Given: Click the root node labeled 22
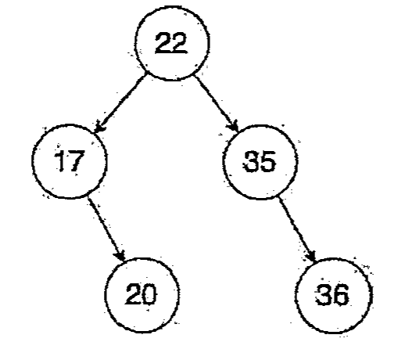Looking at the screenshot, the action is click(x=172, y=43).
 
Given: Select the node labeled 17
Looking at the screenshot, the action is click(x=70, y=161).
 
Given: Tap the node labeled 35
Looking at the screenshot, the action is click(x=260, y=162).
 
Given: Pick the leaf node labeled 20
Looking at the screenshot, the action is click(x=142, y=295).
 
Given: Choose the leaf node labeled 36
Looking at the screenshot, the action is click(x=333, y=296).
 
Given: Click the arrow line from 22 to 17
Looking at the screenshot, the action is click(x=121, y=103).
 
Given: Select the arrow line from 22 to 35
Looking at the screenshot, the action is click(x=216, y=103).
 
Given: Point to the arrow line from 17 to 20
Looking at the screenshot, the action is click(x=106, y=229).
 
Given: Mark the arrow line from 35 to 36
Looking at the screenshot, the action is click(x=297, y=229).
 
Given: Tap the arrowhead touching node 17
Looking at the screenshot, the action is click(x=99, y=127).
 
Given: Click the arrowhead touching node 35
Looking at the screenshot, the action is click(x=234, y=125).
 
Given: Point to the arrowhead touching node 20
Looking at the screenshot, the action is click(x=120, y=255).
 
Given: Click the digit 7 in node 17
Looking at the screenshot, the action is click(x=76, y=161).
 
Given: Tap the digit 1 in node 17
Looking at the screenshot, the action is click(x=60, y=161).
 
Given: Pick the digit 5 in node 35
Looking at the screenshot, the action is click(x=267, y=162).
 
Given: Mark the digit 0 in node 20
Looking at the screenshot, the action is click(x=149, y=294).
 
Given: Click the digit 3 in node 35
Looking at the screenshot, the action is click(x=250, y=161).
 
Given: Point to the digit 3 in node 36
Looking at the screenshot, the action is click(x=324, y=295).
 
